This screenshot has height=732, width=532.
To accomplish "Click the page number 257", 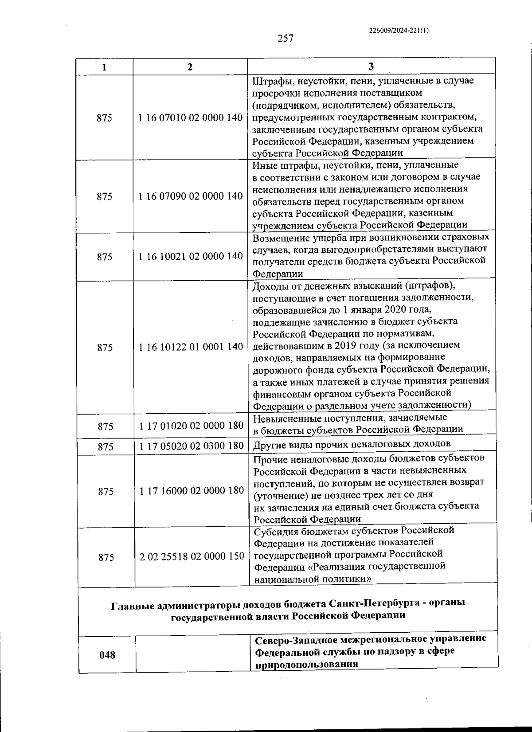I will coord(286,39).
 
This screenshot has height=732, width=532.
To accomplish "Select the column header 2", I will coord(190,67).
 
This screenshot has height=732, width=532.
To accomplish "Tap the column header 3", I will coord(371,67).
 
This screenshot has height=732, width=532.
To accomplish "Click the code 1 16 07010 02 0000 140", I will coord(191,117).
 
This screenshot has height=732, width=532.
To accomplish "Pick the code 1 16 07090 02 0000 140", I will coord(191,196).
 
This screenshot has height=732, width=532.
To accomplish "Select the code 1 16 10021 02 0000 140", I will coord(191,256).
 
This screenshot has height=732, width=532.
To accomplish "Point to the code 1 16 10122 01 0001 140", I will coord(191,347).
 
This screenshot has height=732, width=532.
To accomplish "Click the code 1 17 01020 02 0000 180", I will coord(191,426).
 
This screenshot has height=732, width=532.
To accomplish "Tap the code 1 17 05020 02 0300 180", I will coord(192,446).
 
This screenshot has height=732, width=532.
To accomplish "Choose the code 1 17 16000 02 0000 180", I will coord(192,490).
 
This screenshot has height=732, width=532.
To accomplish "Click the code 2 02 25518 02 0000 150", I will coord(192,556).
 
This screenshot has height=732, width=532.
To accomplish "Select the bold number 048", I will coord(107,654).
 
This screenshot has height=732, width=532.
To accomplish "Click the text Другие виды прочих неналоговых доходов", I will coord(352,444).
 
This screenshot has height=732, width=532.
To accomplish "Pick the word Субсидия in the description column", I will coord(273,530).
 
